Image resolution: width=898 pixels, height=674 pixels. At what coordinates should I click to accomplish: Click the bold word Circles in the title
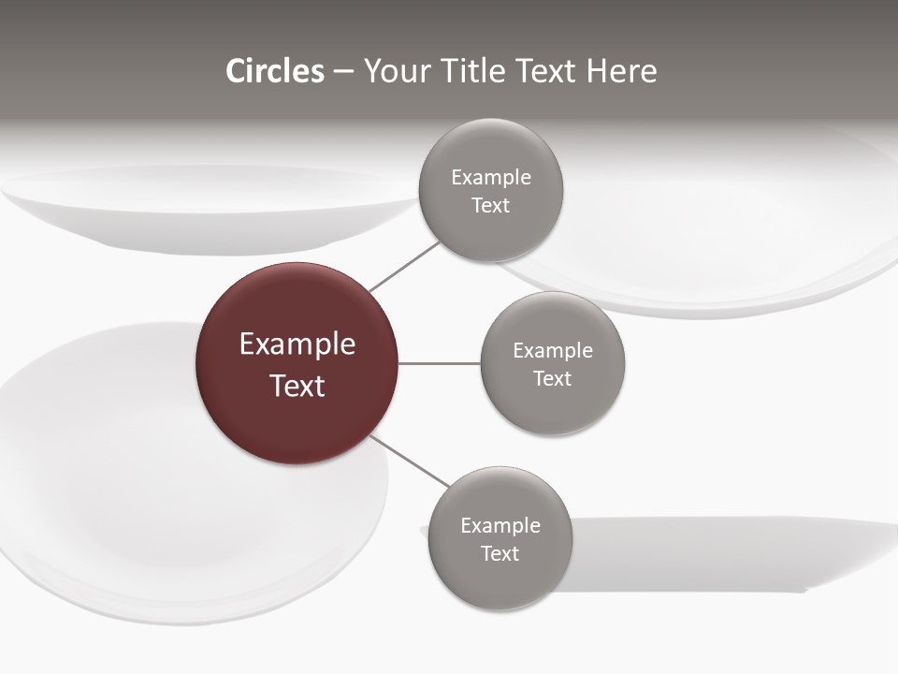[275, 71]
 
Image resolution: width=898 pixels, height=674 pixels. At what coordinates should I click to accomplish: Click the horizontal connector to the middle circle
[440, 363]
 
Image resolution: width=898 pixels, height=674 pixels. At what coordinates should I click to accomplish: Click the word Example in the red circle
[297, 344]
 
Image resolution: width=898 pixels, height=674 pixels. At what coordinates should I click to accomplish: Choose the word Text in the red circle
[297, 386]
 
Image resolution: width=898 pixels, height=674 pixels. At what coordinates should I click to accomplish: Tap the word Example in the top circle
[490, 178]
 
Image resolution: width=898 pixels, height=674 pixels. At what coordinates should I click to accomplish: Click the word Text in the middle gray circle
[552, 379]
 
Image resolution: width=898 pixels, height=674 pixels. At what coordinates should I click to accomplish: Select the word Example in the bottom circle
[500, 526]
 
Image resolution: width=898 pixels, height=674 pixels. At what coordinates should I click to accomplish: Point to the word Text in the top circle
[490, 206]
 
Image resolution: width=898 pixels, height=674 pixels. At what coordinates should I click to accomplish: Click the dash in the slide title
[342, 72]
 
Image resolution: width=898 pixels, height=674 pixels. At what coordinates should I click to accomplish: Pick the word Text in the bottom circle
[500, 554]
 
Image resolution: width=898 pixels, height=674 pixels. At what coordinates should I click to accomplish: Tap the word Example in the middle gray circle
[552, 351]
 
